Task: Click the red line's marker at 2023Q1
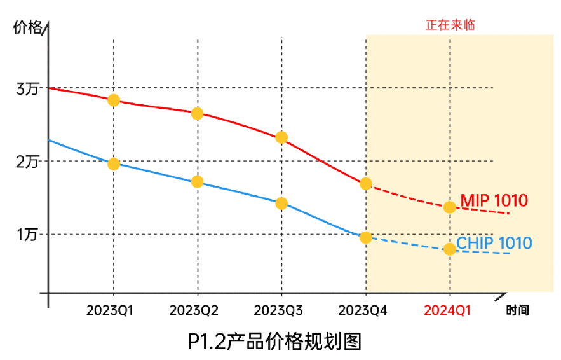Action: (114, 100)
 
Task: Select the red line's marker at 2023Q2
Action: (197, 113)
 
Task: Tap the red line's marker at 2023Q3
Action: (281, 137)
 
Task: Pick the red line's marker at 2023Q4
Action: (365, 183)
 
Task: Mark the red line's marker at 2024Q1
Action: (449, 207)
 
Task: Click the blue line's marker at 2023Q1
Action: (114, 163)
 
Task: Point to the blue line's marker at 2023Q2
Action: (197, 181)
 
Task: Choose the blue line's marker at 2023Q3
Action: (281, 203)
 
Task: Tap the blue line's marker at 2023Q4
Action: (365, 237)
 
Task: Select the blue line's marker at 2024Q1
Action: (449, 249)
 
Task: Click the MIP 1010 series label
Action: (494, 201)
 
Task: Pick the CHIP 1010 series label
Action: (494, 243)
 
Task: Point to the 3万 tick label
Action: (27, 88)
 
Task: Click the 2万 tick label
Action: (27, 162)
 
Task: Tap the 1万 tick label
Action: (27, 235)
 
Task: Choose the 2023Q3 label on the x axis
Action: (278, 310)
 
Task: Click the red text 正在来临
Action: (450, 25)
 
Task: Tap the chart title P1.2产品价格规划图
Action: (274, 342)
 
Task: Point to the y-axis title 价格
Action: (27, 27)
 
